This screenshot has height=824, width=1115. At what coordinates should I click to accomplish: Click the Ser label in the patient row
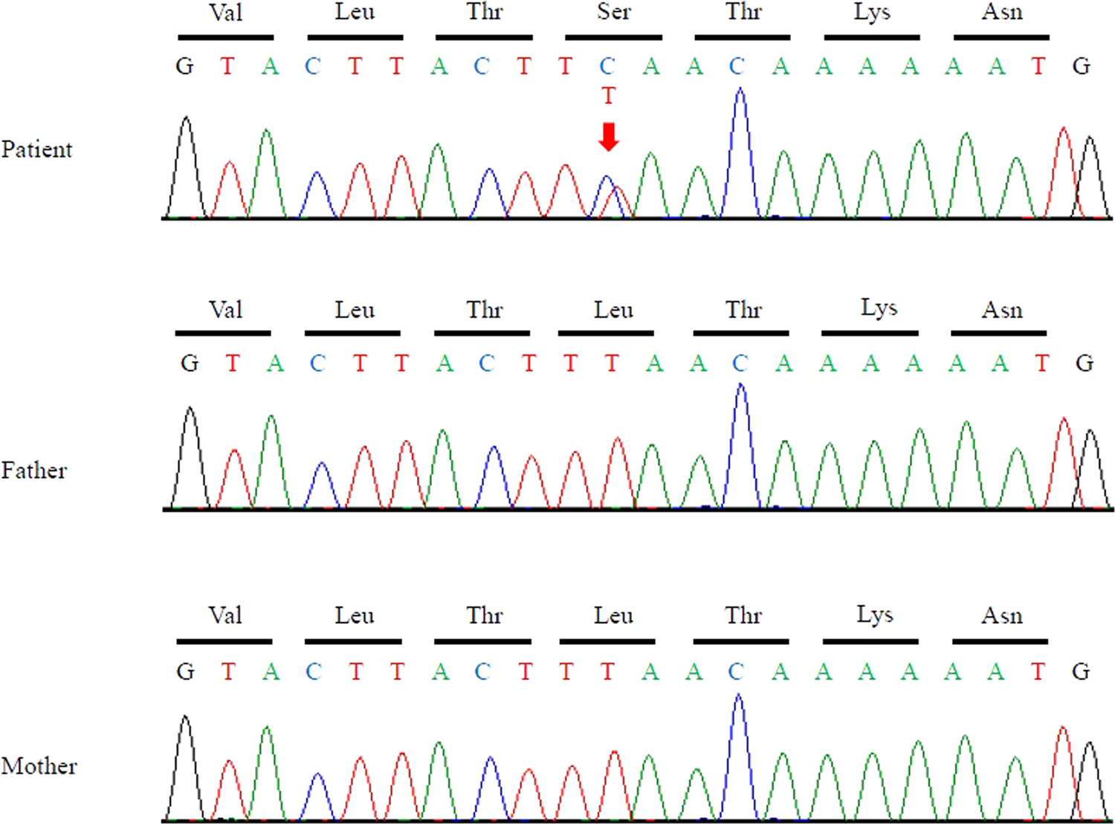[x=613, y=12]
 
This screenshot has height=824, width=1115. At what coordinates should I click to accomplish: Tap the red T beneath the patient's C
[x=609, y=96]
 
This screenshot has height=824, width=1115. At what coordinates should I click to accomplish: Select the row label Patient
[x=36, y=149]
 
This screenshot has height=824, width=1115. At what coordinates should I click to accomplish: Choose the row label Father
[x=33, y=470]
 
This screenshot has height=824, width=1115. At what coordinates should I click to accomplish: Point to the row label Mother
[x=39, y=766]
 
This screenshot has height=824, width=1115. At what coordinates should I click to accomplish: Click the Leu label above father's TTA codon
[x=613, y=309]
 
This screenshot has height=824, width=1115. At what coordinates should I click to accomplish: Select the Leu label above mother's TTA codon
[x=613, y=615]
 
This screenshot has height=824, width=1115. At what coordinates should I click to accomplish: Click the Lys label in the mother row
[x=874, y=615]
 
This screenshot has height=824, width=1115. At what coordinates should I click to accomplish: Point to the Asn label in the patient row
[x=1002, y=12]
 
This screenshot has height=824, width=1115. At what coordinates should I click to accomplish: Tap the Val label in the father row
[x=225, y=309]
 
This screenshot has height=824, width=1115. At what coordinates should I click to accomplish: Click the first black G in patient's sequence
[x=184, y=66]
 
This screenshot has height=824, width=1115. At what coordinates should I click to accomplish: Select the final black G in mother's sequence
[x=1081, y=672]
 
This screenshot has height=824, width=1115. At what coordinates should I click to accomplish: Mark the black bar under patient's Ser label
[x=613, y=36]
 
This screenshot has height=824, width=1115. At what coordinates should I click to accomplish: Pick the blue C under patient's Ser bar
[x=607, y=66]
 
